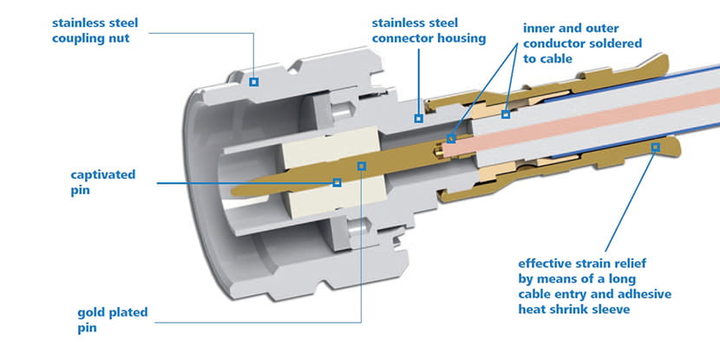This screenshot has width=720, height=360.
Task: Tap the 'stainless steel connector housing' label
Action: [x=428, y=29]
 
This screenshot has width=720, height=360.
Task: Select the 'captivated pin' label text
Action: [x=103, y=182]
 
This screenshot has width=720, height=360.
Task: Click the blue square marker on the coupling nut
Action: [x=254, y=82]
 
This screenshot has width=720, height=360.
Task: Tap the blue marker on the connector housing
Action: [x=418, y=117]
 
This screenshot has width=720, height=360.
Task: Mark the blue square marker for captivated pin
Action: [x=337, y=182]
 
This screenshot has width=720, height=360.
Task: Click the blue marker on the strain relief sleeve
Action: [x=655, y=147]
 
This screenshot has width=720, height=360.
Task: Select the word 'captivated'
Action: [x=103, y=175]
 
